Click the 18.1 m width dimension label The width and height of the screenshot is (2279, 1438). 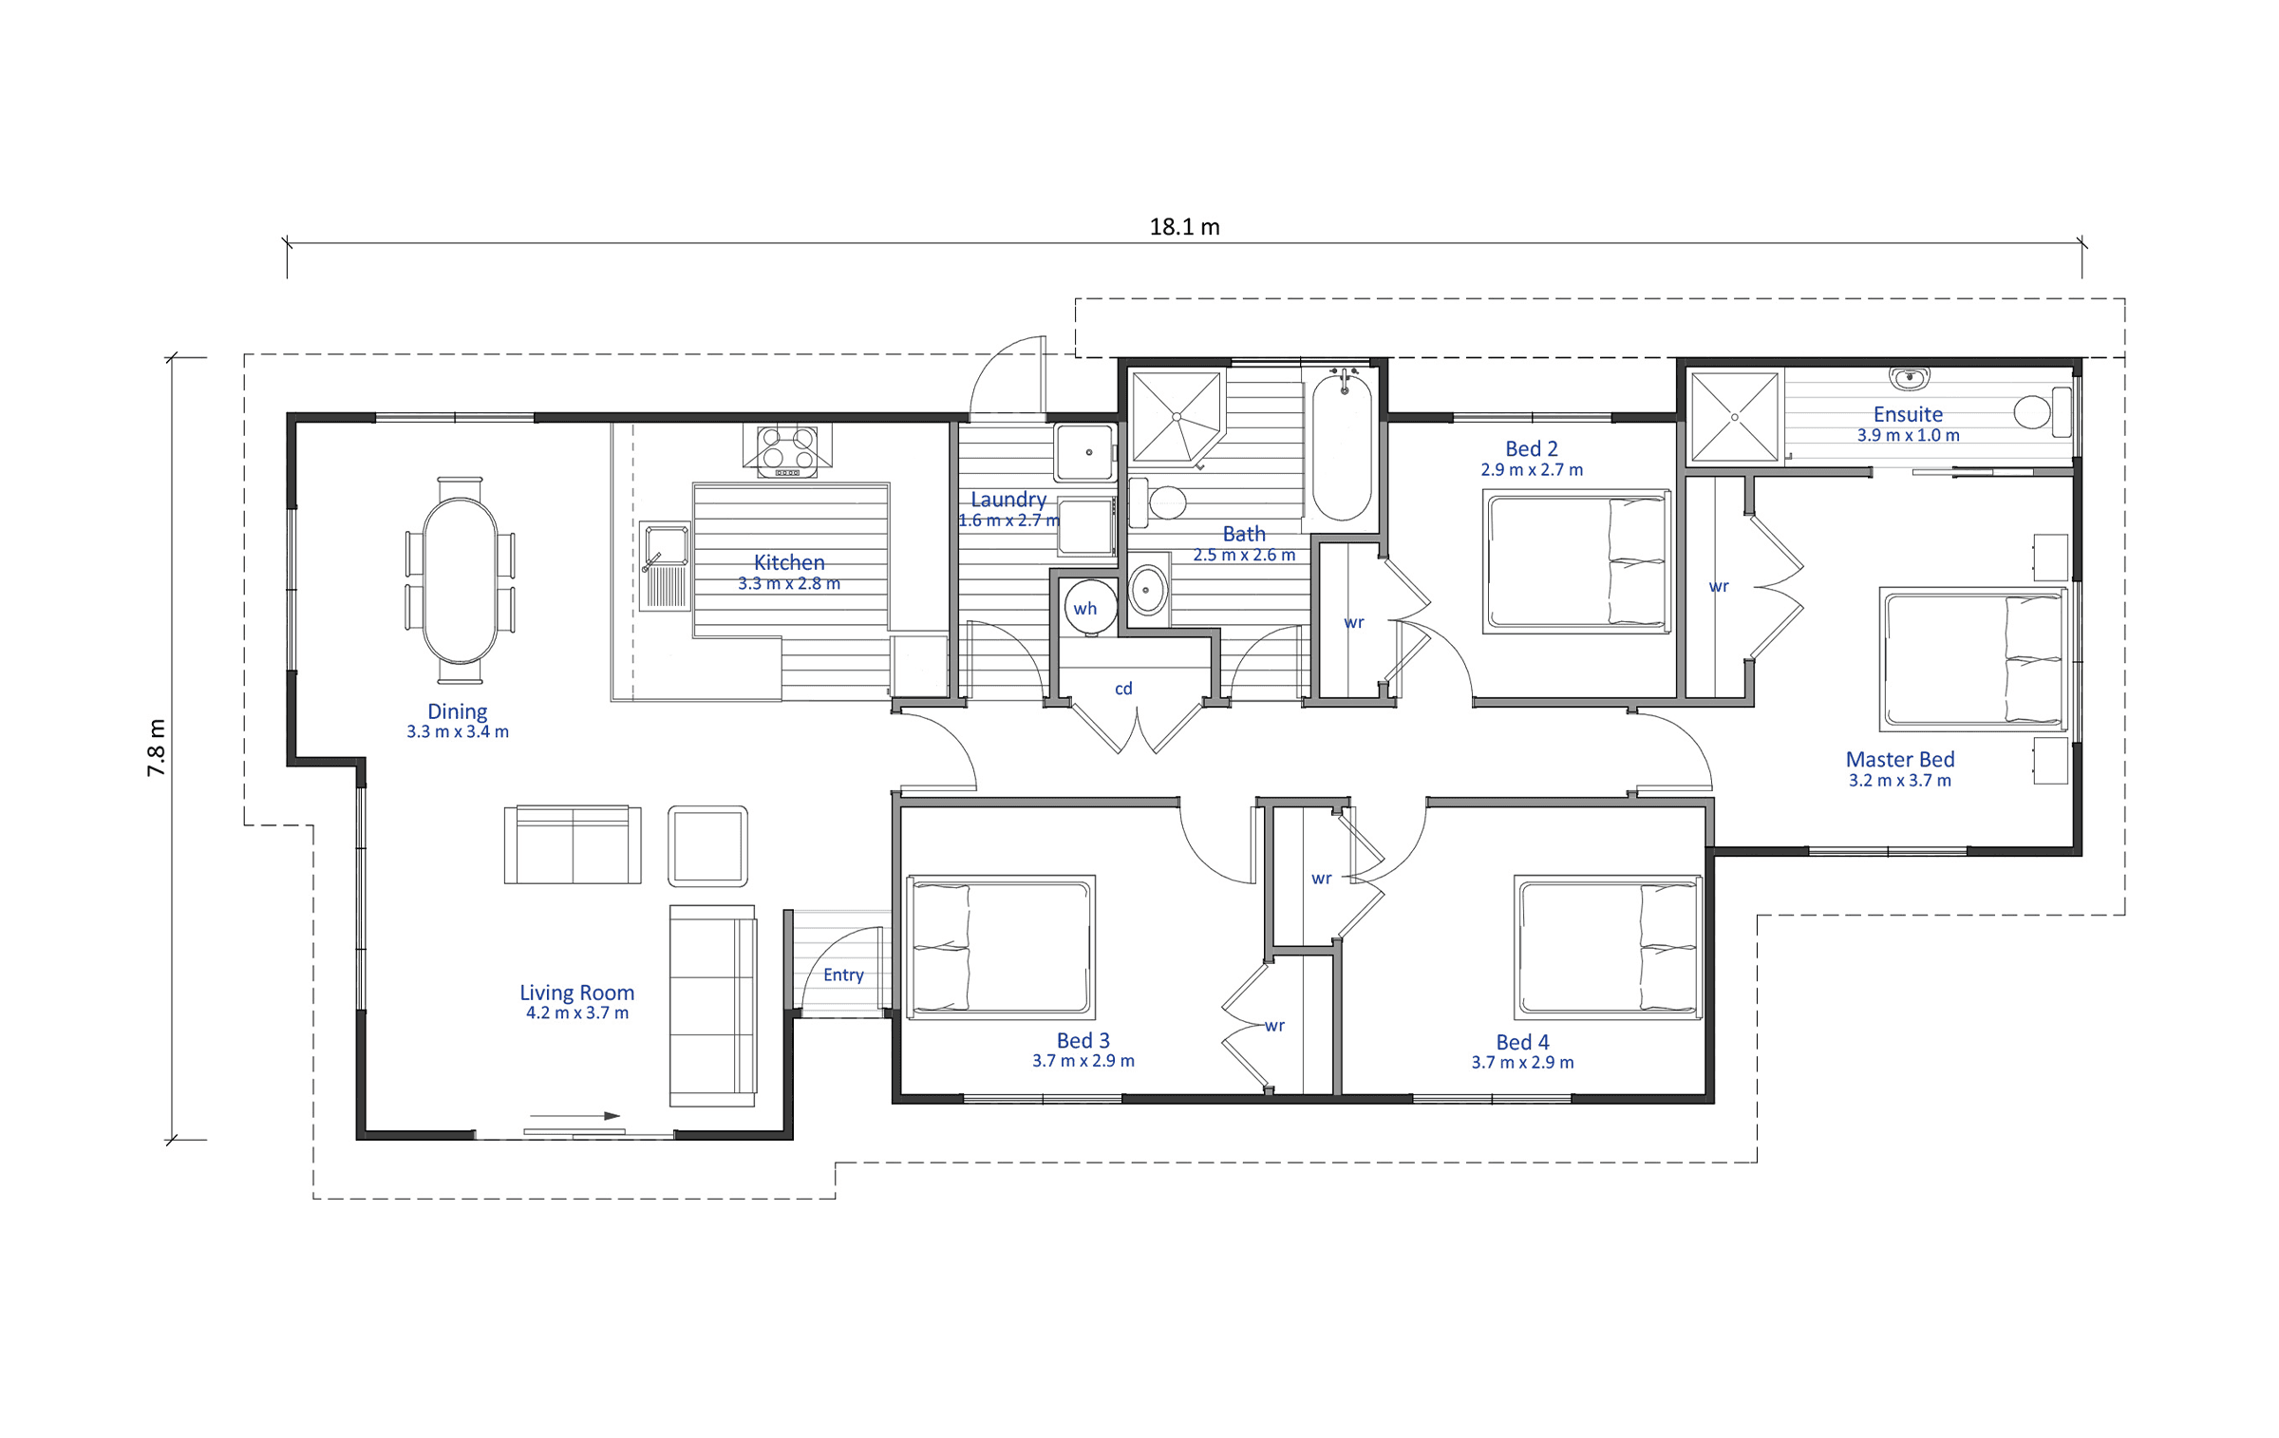point(1184,227)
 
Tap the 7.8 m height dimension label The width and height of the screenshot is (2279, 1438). point(156,747)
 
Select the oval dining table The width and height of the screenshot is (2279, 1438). point(460,580)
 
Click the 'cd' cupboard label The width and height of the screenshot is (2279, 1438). point(1123,689)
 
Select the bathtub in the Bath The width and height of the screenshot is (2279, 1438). point(1342,447)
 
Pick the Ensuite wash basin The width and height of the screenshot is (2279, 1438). point(1909,379)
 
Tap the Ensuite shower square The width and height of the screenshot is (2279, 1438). point(1734,417)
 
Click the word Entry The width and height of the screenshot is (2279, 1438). point(843,975)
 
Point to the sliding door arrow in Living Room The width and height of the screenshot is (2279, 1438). point(574,1116)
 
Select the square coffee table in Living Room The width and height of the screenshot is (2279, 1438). point(707,846)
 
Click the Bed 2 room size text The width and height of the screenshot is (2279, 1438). point(1532,470)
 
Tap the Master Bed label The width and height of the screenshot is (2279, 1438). point(1900,760)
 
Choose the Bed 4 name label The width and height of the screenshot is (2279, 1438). point(1522,1042)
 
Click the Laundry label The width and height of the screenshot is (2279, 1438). point(1008,500)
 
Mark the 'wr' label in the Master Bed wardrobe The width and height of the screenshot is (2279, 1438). point(1719,587)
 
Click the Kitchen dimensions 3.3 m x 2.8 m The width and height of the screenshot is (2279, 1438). point(789,584)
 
